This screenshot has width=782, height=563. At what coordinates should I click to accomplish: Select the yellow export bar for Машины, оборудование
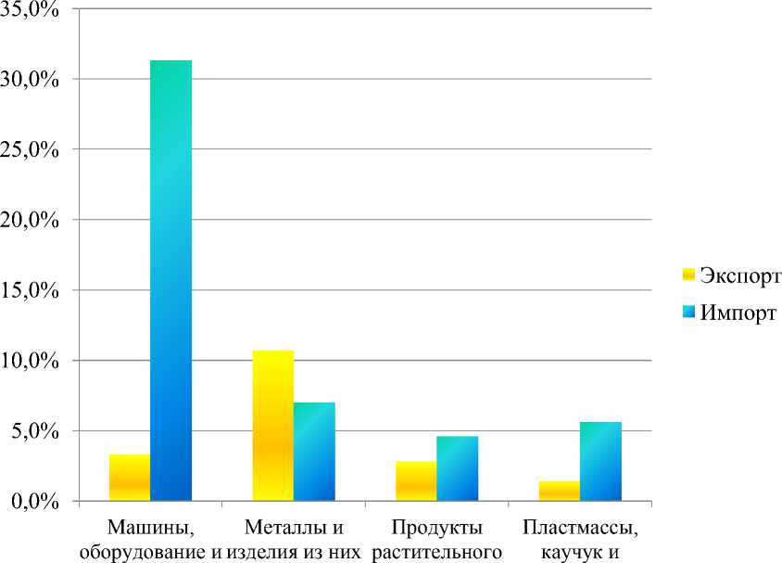click(130, 478)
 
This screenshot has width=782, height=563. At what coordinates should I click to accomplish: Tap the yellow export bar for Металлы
click(273, 426)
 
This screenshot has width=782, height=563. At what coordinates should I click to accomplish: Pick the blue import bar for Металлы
click(314, 452)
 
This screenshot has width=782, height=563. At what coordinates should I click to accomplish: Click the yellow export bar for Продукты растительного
click(416, 481)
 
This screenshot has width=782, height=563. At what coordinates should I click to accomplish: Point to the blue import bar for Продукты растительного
click(457, 468)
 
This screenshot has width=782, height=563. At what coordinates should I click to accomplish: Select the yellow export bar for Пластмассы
click(560, 491)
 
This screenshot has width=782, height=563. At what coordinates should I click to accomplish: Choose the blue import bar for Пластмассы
click(600, 461)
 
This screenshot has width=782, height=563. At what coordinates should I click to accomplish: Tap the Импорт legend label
click(738, 311)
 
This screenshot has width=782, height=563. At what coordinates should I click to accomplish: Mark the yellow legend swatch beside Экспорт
click(688, 275)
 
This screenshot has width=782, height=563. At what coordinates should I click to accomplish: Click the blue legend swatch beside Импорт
click(688, 311)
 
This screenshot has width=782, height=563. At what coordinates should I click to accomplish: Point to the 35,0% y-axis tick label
click(33, 10)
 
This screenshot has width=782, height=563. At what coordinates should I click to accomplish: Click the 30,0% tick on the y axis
click(33, 80)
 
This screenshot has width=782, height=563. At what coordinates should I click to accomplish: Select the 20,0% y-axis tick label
click(33, 221)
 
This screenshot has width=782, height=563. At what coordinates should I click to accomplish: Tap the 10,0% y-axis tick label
click(33, 361)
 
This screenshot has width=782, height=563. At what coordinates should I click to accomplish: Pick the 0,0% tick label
click(38, 502)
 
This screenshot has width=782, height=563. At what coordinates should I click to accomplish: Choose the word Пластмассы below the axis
click(581, 529)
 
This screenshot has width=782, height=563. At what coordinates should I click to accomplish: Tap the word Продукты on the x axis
click(436, 529)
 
